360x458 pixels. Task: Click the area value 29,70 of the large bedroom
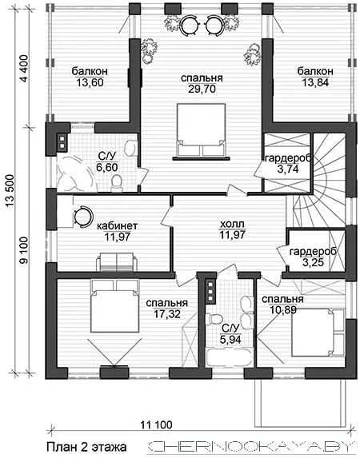pyautogui.click(x=202, y=89)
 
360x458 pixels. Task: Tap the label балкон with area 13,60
pyautogui.click(x=90, y=71)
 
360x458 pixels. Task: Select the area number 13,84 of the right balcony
pyautogui.click(x=315, y=82)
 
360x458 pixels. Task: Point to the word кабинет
pyautogui.click(x=117, y=225)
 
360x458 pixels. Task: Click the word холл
pyautogui.click(x=232, y=225)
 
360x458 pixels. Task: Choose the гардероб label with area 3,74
pyautogui.click(x=287, y=158)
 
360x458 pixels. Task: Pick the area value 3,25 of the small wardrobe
pyautogui.click(x=313, y=262)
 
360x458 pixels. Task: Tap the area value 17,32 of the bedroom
pyautogui.click(x=167, y=314)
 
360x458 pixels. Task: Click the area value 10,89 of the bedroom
pyautogui.click(x=282, y=309)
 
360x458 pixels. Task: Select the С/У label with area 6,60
pyautogui.click(x=107, y=157)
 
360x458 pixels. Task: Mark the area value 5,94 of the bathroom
pyautogui.click(x=231, y=339)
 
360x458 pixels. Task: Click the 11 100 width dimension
pyautogui.click(x=157, y=424)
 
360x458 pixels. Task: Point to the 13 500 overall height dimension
pyautogui.click(x=10, y=191)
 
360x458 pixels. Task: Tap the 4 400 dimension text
pyautogui.click(x=25, y=69)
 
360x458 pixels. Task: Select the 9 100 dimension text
pyautogui.click(x=25, y=250)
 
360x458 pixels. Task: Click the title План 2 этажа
pyautogui.click(x=86, y=447)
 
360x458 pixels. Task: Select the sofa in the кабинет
pyautogui.click(x=117, y=261)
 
